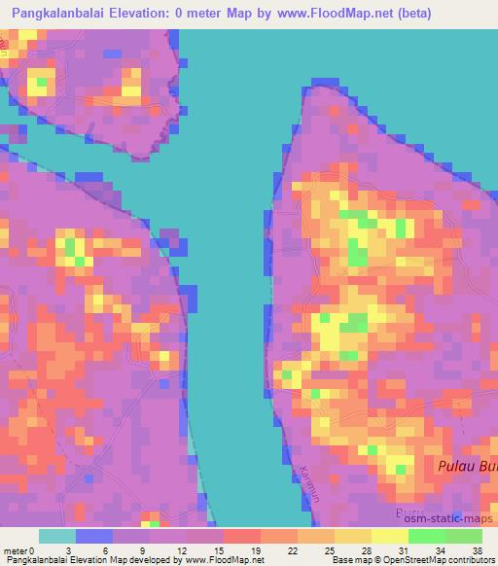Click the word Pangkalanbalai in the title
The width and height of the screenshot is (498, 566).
click(x=65, y=14)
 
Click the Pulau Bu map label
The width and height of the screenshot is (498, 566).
click(x=465, y=468)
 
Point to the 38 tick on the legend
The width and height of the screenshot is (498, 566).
click(x=476, y=549)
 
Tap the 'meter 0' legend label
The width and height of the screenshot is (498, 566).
click(x=18, y=549)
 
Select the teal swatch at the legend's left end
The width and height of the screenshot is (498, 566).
click(x=56, y=536)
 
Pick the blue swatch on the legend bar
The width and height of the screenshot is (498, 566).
click(x=93, y=536)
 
